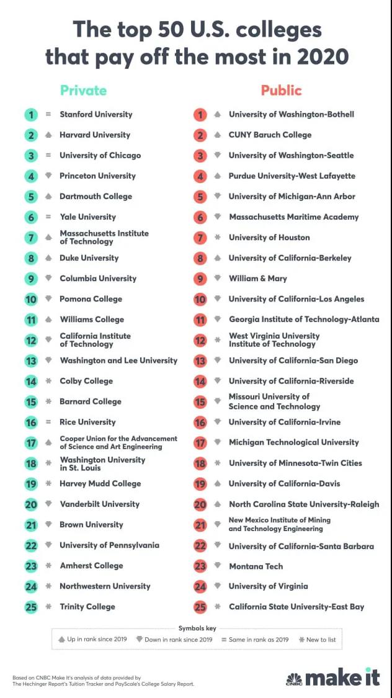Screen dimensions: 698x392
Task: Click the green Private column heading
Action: (x=83, y=91)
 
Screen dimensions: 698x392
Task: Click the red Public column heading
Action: (x=281, y=91)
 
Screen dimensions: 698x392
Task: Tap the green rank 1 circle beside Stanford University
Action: (x=31, y=114)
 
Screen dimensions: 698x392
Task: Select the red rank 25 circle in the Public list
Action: (x=200, y=607)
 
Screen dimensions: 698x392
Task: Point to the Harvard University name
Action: (x=95, y=135)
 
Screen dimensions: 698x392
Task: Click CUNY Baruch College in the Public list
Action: (x=270, y=135)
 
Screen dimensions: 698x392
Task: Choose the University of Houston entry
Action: (x=269, y=237)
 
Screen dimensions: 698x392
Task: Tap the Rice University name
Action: (x=87, y=422)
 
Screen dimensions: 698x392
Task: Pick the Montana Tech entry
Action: (x=256, y=566)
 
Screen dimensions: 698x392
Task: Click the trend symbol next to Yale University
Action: (x=48, y=217)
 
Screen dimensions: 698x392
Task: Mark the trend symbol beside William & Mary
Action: (x=217, y=279)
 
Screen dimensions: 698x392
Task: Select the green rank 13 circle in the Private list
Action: (x=31, y=360)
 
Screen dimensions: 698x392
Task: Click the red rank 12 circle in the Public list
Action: (x=200, y=340)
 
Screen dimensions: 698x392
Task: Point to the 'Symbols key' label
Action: (x=196, y=628)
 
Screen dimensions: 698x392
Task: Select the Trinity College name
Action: (x=87, y=607)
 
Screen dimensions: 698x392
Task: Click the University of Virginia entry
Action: (x=268, y=586)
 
